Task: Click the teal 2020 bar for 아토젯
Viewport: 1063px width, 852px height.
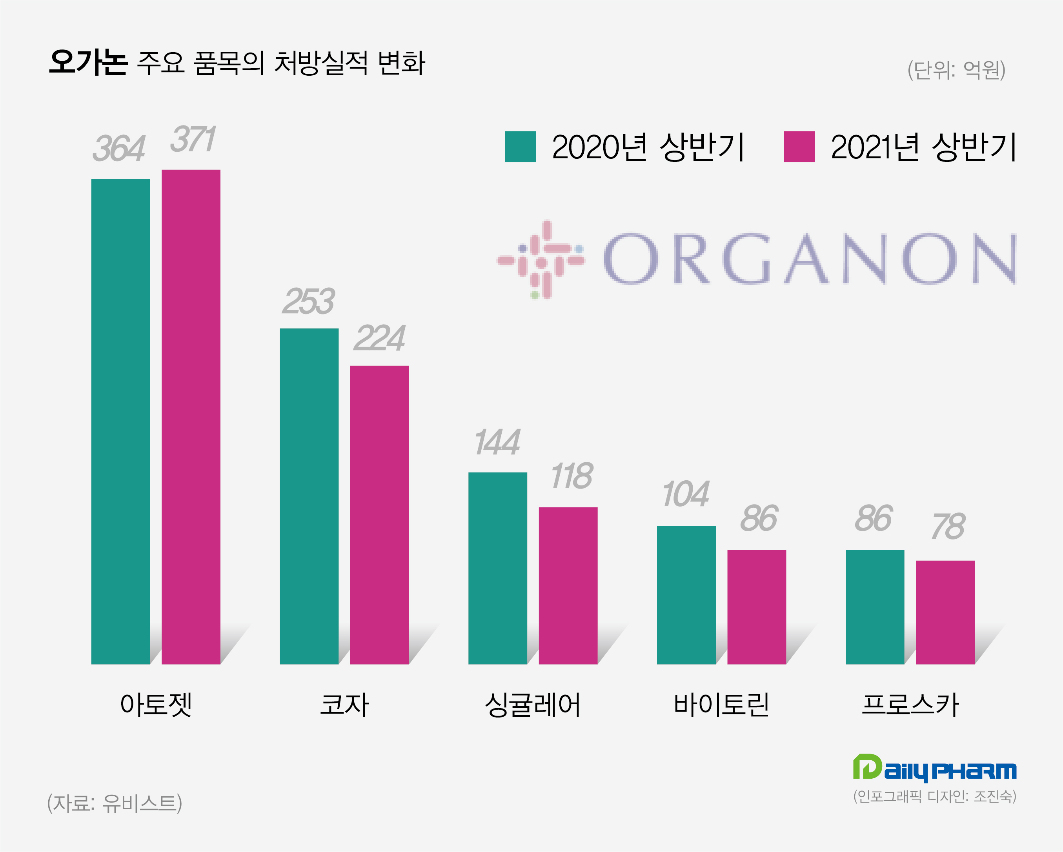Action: pyautogui.click(x=120, y=421)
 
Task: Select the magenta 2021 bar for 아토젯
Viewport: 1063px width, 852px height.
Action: pyautogui.click(x=191, y=417)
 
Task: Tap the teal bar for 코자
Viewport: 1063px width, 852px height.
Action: pyautogui.click(x=309, y=496)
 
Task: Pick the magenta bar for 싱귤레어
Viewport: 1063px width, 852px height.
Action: pyautogui.click(x=568, y=585)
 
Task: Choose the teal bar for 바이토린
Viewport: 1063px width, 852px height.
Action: pyautogui.click(x=686, y=595)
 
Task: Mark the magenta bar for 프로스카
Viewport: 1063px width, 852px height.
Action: pyautogui.click(x=945, y=612)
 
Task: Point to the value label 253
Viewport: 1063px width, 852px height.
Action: pyautogui.click(x=309, y=301)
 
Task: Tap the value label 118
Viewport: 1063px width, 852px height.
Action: pyautogui.click(x=572, y=476)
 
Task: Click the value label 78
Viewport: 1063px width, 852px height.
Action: pyautogui.click(x=948, y=526)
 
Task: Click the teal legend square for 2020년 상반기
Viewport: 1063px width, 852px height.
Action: pyautogui.click(x=520, y=146)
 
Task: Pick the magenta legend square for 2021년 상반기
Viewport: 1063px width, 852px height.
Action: pyautogui.click(x=799, y=146)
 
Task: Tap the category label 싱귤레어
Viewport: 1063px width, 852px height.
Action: pyautogui.click(x=533, y=705)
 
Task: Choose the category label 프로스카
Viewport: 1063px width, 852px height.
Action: pyautogui.click(x=910, y=705)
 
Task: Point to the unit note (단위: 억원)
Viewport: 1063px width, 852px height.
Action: pyautogui.click(x=956, y=70)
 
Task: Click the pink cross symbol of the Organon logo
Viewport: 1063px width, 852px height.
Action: pyautogui.click(x=541, y=260)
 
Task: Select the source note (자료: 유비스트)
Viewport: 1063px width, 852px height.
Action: pyautogui.click(x=115, y=803)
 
